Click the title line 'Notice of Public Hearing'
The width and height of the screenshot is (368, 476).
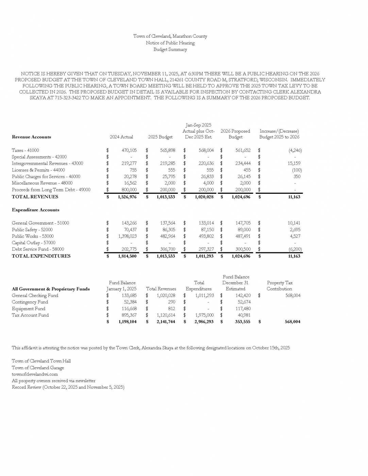[170, 43]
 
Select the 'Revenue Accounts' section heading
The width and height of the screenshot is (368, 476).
[31, 137]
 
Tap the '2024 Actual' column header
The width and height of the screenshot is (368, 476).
[121, 137]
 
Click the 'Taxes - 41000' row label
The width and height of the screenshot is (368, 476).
[26, 150]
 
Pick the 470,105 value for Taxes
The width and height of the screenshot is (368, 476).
[129, 150]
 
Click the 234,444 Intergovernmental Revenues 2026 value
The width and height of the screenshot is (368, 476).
[243, 164]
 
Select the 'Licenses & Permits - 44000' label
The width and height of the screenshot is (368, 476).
[38, 170]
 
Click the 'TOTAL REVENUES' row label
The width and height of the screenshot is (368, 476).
[35, 197]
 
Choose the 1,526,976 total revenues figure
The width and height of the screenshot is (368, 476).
[127, 197]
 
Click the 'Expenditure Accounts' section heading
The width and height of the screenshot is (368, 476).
[36, 210]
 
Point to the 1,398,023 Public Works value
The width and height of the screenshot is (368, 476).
[127, 236]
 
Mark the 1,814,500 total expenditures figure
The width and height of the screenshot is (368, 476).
[127, 256]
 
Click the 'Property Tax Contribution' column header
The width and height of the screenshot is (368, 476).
[280, 286]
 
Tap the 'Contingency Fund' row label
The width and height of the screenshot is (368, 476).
[30, 302]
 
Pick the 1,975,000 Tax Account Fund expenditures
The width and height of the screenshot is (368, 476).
[204, 315]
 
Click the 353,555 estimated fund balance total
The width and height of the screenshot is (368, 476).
[242, 322]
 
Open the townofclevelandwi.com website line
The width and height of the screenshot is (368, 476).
[35, 374]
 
